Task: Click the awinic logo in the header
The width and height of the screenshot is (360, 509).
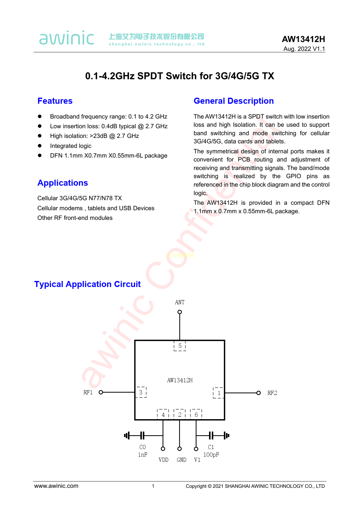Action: coord(67,38)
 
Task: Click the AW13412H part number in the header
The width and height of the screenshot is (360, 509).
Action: coord(303,39)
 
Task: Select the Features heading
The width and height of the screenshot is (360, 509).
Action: coord(55,101)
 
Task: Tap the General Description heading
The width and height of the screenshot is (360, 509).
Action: coord(234,101)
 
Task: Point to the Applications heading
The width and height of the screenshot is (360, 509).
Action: coord(63,183)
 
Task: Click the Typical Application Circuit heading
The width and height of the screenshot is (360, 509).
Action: coord(87,284)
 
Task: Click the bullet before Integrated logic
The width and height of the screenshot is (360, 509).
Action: coord(40,146)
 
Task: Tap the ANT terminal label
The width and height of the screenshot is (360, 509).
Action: coord(179,302)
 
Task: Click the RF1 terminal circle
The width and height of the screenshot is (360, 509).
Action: coord(101,392)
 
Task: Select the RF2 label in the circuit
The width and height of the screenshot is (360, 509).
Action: coord(272,393)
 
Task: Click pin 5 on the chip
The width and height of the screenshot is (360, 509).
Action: coord(180,346)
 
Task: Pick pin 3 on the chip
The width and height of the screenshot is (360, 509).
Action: coord(141,392)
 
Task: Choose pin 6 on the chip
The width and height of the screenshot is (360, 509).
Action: coord(196,415)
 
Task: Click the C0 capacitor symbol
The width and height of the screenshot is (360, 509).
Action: coord(142,436)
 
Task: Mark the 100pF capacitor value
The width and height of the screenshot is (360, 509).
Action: coord(211,455)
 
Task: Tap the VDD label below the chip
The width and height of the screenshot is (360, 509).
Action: coord(163,460)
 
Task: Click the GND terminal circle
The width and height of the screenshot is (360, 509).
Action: coord(179,449)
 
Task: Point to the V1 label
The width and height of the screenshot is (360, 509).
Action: coord(197,460)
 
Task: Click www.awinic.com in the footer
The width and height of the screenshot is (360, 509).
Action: coord(56,486)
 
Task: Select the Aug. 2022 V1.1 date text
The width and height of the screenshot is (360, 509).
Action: coord(304,49)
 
